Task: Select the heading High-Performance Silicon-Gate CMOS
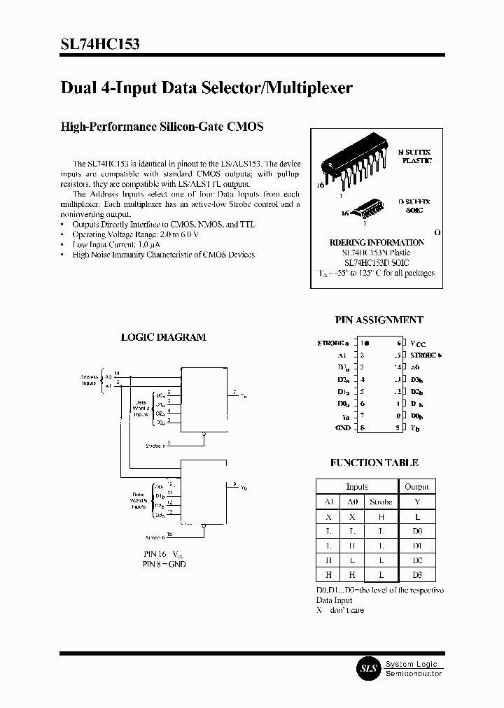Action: [162, 127]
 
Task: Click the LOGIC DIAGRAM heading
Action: [163, 337]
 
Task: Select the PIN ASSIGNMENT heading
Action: [379, 320]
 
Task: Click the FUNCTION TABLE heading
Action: [374, 462]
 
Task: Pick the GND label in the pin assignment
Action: [343, 427]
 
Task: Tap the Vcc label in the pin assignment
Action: [417, 344]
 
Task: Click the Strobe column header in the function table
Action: [381, 502]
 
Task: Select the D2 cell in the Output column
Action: [417, 560]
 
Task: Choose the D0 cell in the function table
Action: [417, 531]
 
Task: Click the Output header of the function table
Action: [417, 486]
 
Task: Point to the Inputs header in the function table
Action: [357, 486]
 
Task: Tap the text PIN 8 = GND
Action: [164, 564]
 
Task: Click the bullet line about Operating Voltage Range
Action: [125, 234]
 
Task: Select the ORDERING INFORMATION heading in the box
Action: [377, 242]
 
